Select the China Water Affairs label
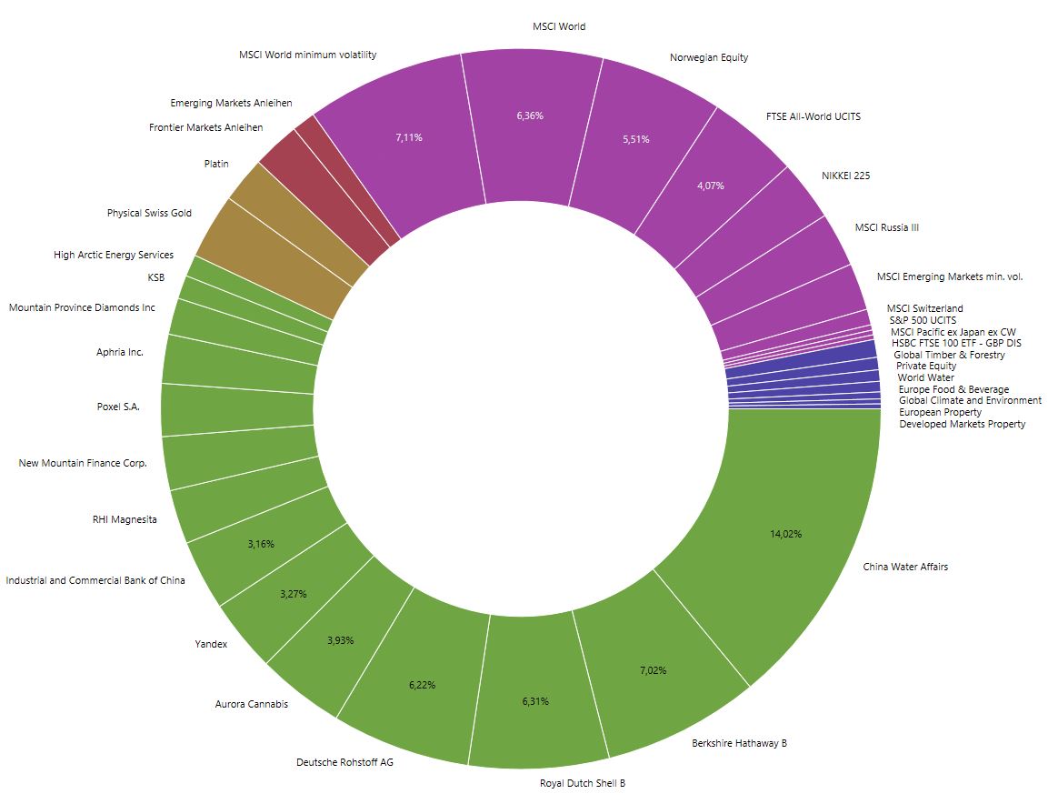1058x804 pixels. point(904,567)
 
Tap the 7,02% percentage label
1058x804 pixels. point(652,670)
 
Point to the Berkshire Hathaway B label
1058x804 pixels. point(739,743)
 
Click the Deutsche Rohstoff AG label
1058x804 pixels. point(344,761)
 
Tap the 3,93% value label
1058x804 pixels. point(340,640)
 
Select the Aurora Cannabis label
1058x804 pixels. point(251,704)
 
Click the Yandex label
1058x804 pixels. point(211,644)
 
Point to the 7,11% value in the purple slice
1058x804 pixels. point(409,137)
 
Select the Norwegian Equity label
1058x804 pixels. point(708,57)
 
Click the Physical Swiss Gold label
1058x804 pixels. point(149,213)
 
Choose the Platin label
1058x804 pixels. point(216,164)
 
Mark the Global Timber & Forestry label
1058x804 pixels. point(949,355)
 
